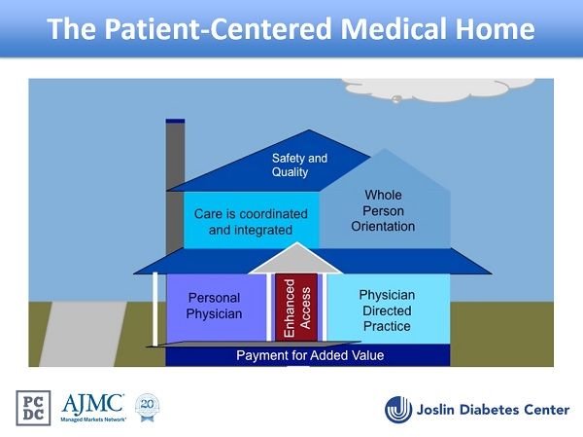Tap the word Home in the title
click(494, 28)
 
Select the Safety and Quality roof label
click(298, 164)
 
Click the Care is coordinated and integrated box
click(251, 221)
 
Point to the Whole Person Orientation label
click(383, 211)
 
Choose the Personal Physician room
click(214, 306)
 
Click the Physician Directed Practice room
click(386, 310)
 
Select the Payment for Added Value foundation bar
click(309, 355)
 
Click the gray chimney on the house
click(175, 156)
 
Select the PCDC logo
click(35, 408)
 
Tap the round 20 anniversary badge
click(147, 406)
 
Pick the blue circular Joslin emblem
click(399, 409)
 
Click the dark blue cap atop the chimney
click(175, 121)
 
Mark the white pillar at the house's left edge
click(155, 309)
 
